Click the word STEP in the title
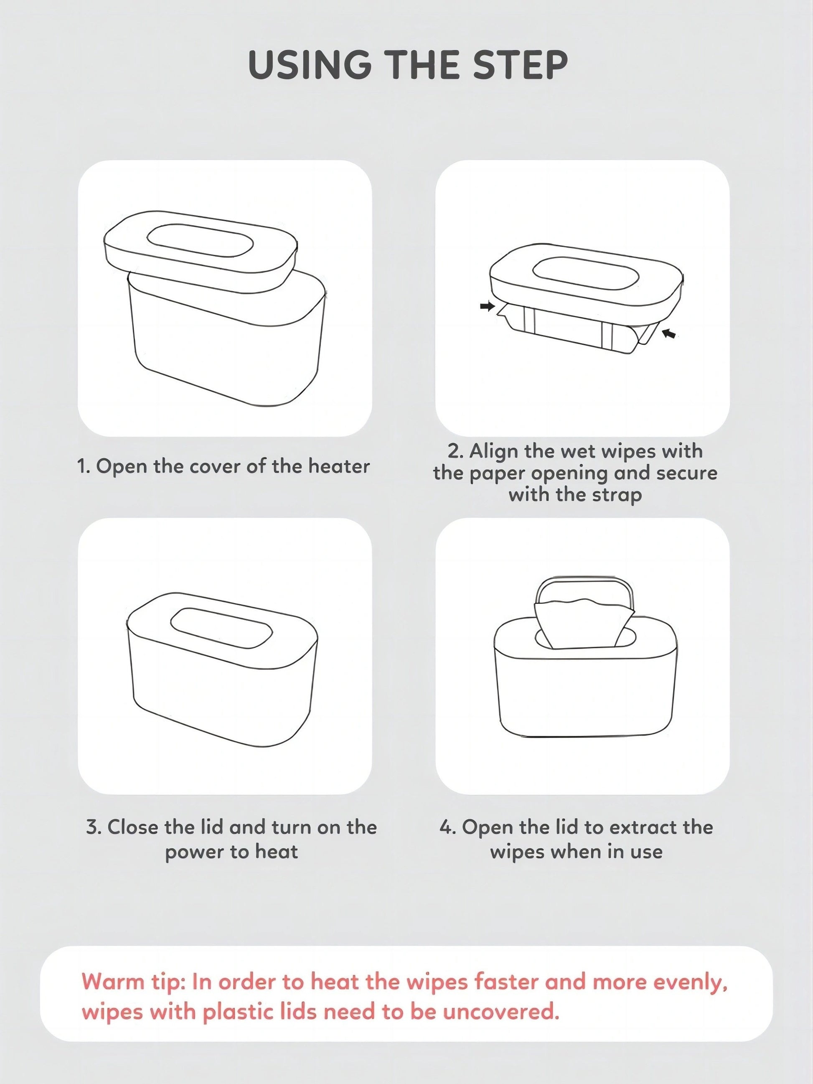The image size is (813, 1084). click(521, 65)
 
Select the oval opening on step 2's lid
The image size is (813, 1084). click(585, 272)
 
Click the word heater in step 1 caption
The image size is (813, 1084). click(339, 466)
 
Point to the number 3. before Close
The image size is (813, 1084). click(94, 827)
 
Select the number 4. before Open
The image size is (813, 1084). click(448, 827)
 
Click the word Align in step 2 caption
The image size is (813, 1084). click(493, 451)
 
